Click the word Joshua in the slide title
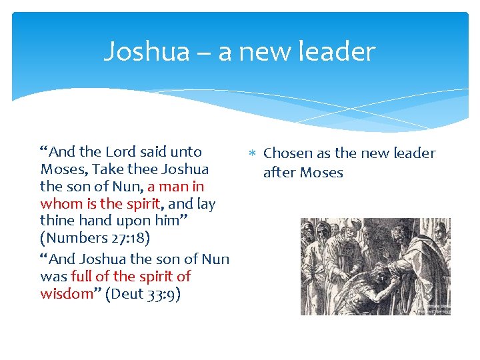[x=147, y=51]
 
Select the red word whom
[x=59, y=204]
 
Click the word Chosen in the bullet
[x=288, y=153]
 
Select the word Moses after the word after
[x=321, y=173]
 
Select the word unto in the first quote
[x=185, y=152]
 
